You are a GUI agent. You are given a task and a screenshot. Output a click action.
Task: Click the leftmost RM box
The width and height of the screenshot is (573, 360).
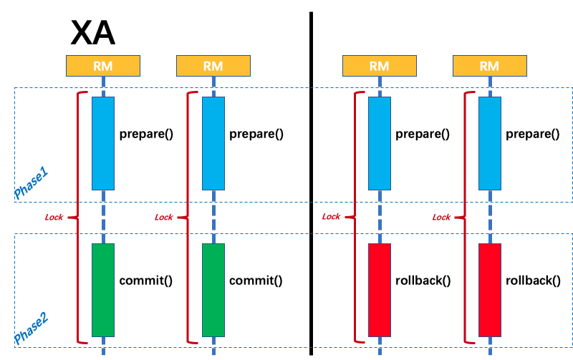[102, 66]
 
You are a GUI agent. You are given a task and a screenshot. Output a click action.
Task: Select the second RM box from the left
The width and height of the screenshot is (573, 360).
[213, 66]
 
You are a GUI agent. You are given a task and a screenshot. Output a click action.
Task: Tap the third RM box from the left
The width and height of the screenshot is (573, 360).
[379, 66]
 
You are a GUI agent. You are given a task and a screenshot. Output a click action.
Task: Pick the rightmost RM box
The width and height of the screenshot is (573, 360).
[489, 66]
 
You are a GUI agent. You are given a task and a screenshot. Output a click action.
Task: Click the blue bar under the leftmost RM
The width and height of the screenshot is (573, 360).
[102, 143]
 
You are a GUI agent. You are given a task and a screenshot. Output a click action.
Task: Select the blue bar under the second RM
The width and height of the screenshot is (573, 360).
[213, 143]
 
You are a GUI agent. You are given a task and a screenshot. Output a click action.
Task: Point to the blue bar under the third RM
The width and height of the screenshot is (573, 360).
[379, 143]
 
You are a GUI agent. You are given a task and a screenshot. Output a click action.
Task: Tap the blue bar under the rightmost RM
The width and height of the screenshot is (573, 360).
[489, 143]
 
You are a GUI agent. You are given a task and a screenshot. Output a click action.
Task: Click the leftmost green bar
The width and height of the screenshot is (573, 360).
[102, 290]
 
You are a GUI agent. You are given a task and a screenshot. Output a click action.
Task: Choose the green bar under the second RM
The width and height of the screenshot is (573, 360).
[213, 290]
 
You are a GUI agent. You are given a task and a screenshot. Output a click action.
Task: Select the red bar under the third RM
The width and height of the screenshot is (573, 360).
[379, 290]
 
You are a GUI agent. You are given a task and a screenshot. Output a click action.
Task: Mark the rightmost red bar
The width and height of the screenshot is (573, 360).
[489, 290]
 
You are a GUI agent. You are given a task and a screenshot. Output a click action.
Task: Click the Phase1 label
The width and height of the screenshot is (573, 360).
[31, 183]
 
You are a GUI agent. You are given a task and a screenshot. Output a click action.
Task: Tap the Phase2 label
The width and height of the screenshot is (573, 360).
[31, 329]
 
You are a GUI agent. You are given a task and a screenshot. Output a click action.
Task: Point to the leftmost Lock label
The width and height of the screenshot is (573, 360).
[54, 218]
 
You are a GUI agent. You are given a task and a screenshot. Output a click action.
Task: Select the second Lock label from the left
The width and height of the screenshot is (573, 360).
[164, 218]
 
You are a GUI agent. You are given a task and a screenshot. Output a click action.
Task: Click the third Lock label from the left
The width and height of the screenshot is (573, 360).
[331, 217]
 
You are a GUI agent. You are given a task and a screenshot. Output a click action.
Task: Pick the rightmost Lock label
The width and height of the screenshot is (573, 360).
[441, 218]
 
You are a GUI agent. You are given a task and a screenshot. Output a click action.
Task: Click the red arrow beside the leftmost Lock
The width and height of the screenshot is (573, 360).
[72, 217]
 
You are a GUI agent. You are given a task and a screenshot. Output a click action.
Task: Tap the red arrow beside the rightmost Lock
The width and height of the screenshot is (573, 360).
[459, 217]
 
